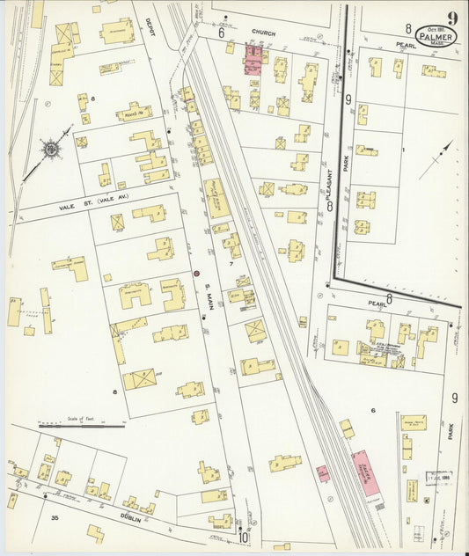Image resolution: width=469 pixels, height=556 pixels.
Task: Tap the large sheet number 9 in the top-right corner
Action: tap(451, 17)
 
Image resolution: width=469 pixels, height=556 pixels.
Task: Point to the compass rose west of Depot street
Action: tap(52, 150)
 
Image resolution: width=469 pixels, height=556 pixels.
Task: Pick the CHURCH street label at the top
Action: tap(263, 33)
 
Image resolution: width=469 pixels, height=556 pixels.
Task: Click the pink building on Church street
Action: tap(253, 61)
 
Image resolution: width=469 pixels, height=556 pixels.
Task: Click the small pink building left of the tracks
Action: tap(322, 473)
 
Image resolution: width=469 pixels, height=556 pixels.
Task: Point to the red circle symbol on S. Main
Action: tap(196, 273)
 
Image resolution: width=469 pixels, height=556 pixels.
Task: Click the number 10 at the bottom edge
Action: tap(242, 537)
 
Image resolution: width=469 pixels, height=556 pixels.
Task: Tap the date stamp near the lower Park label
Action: tap(437, 476)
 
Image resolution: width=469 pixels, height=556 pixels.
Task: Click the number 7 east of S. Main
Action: tap(231, 264)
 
